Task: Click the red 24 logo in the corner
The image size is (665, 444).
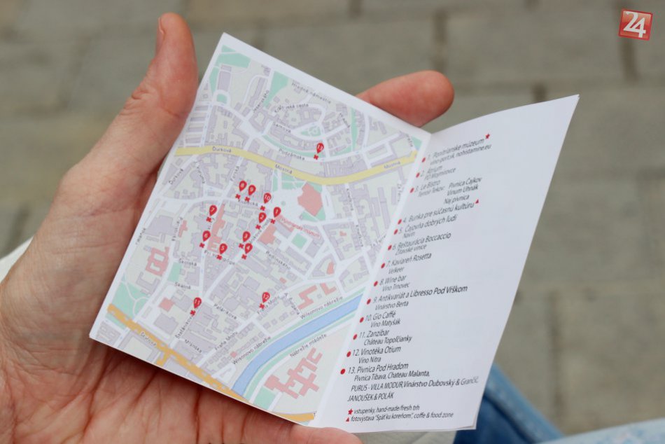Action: (x=635, y=24)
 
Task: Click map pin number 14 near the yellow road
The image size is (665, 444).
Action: (x=319, y=148)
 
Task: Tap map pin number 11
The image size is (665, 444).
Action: (x=197, y=303)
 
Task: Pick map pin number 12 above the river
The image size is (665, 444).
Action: (x=265, y=298)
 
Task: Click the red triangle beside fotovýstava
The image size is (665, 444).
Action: (x=348, y=419)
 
